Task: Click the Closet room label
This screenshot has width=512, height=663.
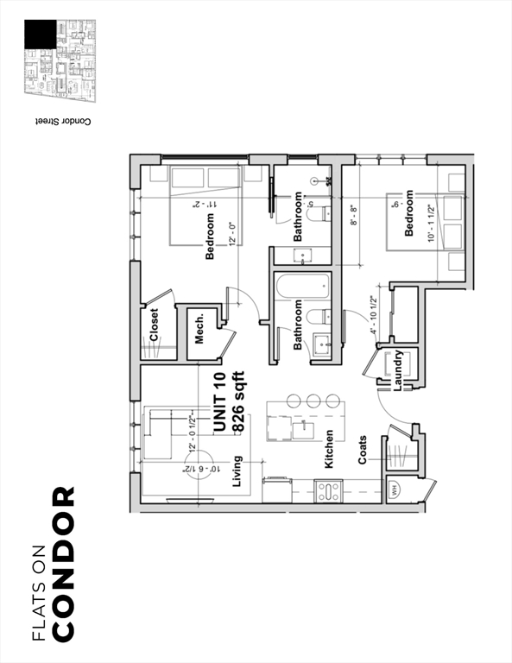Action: click(x=155, y=325)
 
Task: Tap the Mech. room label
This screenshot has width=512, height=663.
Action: click(x=199, y=328)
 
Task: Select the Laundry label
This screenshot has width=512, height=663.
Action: click(x=398, y=371)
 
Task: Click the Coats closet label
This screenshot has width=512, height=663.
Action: click(x=363, y=449)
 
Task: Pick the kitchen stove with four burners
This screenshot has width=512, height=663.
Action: click(x=328, y=491)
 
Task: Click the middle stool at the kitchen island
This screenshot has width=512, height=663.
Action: click(x=313, y=401)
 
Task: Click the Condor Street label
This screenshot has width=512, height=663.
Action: click(x=63, y=123)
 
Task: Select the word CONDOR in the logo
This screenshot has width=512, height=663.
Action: click(x=64, y=565)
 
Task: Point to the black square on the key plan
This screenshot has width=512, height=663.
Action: click(x=40, y=35)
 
